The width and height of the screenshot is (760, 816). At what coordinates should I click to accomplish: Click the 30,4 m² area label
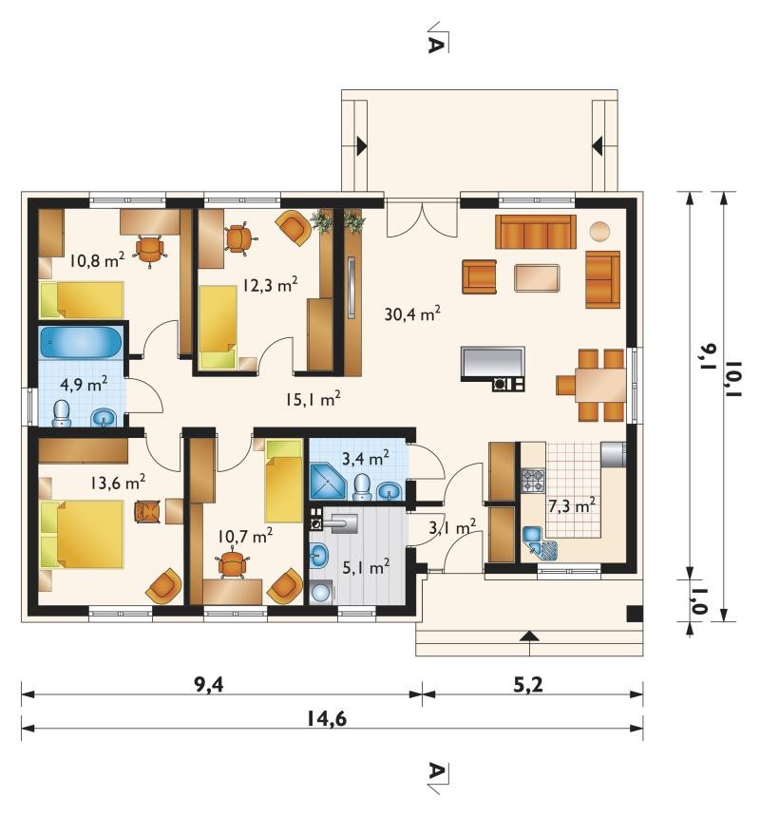412,313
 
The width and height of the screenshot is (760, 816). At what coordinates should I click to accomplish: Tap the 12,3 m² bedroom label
270,284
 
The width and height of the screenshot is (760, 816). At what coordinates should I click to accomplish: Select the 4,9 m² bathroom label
84,384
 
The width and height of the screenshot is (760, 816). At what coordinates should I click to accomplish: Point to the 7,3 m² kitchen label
572,505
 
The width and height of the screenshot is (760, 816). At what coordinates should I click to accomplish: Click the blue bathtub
81,341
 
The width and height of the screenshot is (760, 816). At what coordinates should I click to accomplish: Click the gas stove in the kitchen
533,481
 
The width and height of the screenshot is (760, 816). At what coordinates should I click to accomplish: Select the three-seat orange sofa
535,232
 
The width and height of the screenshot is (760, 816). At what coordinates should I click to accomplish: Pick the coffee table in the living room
537,278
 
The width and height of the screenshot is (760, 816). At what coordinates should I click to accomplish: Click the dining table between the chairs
600,385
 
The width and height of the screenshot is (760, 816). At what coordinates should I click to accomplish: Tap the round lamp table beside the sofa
599,231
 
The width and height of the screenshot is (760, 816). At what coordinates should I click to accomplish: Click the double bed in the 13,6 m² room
82,535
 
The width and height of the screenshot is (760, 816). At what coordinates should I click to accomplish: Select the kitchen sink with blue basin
540,542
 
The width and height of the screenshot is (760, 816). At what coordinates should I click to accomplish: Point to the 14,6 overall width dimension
326,719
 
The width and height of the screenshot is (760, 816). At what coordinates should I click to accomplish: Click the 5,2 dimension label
528,685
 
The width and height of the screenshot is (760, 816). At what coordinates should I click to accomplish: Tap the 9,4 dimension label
209,685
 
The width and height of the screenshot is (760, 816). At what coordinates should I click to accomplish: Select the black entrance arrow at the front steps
529,635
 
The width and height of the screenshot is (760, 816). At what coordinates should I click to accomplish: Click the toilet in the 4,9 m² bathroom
62,413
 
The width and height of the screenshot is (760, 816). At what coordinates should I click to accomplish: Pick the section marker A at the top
436,44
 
